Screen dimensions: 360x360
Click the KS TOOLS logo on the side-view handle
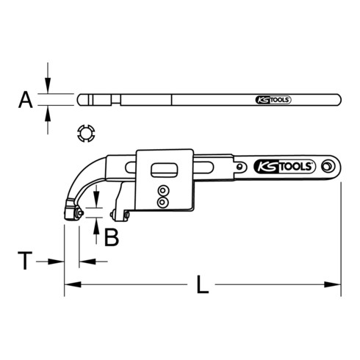(x=283, y=167)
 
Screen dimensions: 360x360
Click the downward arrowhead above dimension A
(x=48, y=87)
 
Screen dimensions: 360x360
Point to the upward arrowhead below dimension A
(x=48, y=111)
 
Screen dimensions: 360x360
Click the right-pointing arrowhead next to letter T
(x=59, y=260)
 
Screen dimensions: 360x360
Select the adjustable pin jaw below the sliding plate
(x=121, y=215)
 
